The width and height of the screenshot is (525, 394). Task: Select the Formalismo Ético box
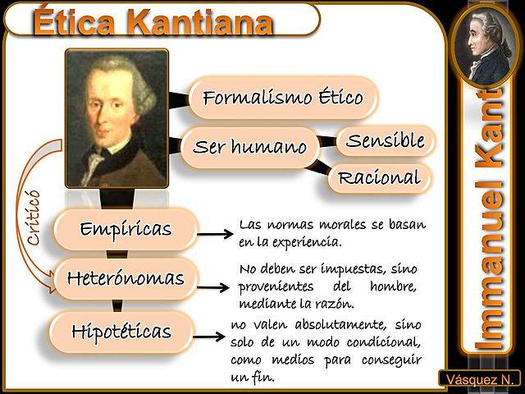tap(282, 98)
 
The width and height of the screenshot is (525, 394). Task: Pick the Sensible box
tap(385, 141)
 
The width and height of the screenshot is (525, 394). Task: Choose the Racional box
tap(379, 177)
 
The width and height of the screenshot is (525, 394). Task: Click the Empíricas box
tap(126, 229)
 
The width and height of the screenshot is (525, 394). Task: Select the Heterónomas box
tap(126, 278)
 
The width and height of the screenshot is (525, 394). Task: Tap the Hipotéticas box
tap(121, 332)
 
